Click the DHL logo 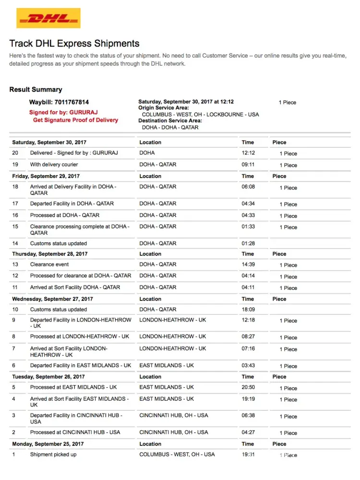click(x=48, y=18)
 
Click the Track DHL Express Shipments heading click(x=74, y=44)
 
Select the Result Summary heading click(x=36, y=90)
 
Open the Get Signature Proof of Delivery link click(x=75, y=120)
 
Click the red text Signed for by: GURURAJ click(x=63, y=112)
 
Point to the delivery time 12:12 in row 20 click(x=248, y=153)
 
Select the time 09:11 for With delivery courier click(x=248, y=165)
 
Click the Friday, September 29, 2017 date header click(x=46, y=176)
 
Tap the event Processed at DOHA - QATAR click(x=65, y=216)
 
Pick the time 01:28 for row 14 click(x=248, y=244)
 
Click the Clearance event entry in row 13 click(x=49, y=264)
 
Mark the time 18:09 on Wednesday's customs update click(x=248, y=310)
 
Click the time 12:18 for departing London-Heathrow click(x=248, y=320)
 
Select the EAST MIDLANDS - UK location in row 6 click(x=167, y=366)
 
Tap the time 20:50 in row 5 click(x=248, y=387)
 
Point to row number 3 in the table click(x=14, y=416)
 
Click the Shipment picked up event click(x=53, y=455)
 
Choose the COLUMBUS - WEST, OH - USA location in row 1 click(x=177, y=455)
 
